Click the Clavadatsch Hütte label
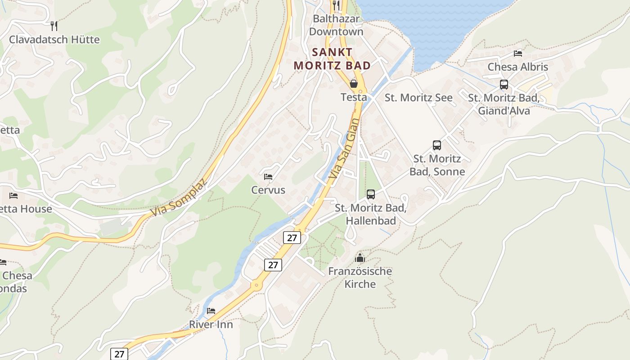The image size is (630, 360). click(x=54, y=40)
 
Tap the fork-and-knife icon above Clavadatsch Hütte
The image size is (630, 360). click(x=54, y=26)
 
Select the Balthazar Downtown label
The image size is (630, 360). click(x=336, y=25)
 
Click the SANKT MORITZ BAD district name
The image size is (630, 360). click(x=332, y=58)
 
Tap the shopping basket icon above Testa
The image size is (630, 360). click(x=354, y=84)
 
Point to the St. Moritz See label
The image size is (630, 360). click(x=418, y=98)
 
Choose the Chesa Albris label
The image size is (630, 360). click(x=518, y=67)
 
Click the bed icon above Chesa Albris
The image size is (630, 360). click(x=518, y=54)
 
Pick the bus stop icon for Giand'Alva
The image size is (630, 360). click(x=504, y=85)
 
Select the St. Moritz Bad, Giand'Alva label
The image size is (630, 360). click(x=504, y=104)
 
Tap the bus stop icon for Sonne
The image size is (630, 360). click(x=437, y=145)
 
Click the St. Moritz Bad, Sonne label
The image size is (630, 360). click(x=437, y=165)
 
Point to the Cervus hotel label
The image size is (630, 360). click(x=268, y=190)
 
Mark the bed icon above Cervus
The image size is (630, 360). click(x=268, y=176)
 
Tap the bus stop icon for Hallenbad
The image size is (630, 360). click(x=371, y=194)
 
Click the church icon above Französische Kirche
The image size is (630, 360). click(x=360, y=258)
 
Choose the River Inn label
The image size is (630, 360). click(x=211, y=324)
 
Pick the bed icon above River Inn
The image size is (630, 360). click(x=211, y=310)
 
